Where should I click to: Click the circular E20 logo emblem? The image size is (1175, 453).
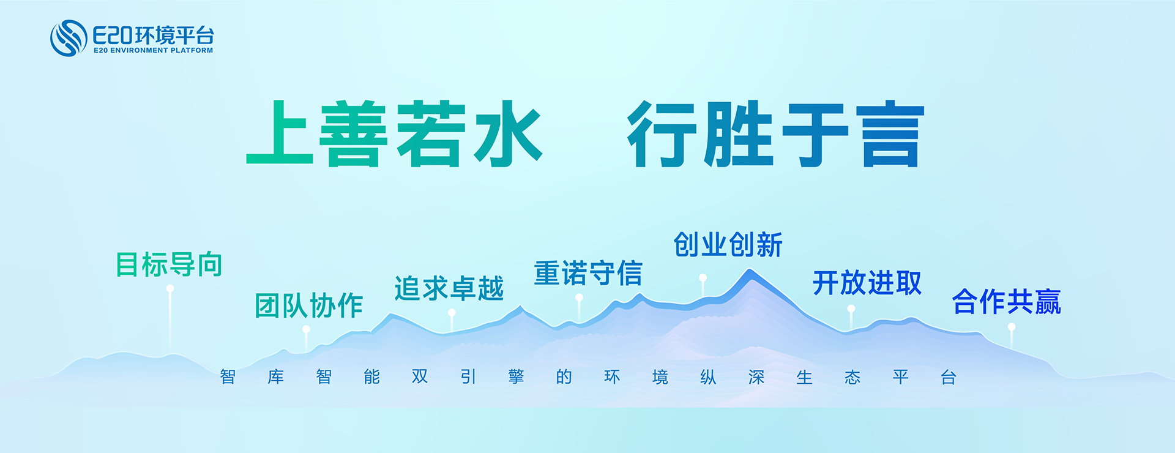(x=69, y=38)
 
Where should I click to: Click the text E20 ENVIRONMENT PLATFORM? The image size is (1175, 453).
(x=154, y=51)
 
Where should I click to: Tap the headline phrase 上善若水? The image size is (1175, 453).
(x=394, y=133)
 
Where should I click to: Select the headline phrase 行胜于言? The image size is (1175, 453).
(x=776, y=133)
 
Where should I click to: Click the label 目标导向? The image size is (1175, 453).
(x=169, y=264)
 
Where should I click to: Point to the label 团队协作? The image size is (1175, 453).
(x=309, y=305)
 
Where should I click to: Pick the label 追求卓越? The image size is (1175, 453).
(x=449, y=288)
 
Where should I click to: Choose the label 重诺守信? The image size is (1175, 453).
(x=588, y=273)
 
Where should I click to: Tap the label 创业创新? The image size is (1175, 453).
(x=728, y=245)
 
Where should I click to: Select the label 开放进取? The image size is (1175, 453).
(x=867, y=283)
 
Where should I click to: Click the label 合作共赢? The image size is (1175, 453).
(x=1007, y=302)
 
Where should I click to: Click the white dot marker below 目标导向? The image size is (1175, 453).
(x=170, y=288)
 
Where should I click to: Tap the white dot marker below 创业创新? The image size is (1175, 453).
(x=703, y=278)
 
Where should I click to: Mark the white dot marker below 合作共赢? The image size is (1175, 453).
(x=1012, y=328)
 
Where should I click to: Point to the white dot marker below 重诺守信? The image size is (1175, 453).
(x=579, y=298)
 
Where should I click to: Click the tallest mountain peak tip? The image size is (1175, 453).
(x=750, y=270)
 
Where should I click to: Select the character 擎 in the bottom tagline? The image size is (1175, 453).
(x=516, y=376)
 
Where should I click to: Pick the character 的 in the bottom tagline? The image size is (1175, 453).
(x=564, y=376)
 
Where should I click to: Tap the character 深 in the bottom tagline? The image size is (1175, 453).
(x=756, y=377)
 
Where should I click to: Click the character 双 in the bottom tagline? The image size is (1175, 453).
(x=420, y=376)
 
